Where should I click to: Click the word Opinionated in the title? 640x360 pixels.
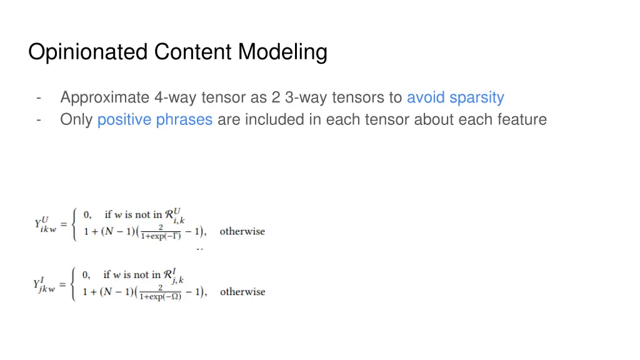coord(88,52)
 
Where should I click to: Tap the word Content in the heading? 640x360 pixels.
coord(193,52)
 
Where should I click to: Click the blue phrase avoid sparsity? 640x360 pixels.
coord(455,97)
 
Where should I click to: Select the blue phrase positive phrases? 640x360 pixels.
coord(155,119)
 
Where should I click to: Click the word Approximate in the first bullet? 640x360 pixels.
coord(104,97)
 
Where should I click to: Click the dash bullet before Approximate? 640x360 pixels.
coord(39,97)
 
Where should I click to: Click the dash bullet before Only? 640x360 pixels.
coord(39,119)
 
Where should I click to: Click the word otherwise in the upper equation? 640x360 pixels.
coord(242,231)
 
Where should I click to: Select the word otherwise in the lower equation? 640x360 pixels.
coord(242,292)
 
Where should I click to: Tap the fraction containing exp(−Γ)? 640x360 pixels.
coord(161,232)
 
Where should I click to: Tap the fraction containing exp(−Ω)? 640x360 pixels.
coord(161,292)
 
